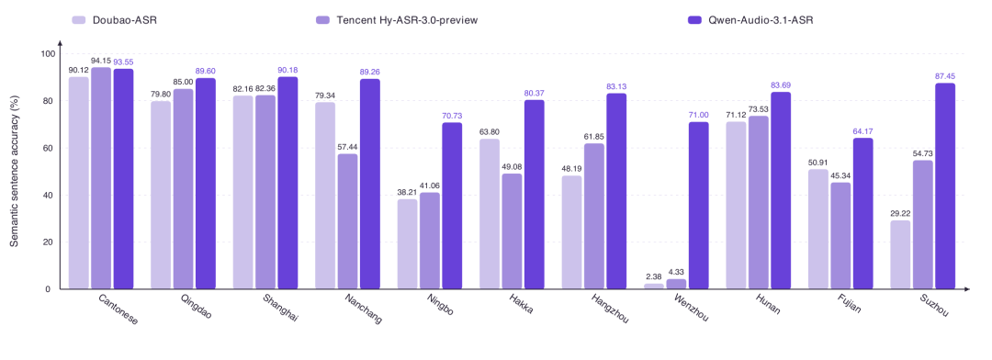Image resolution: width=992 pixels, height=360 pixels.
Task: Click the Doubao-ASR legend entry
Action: (x=115, y=20)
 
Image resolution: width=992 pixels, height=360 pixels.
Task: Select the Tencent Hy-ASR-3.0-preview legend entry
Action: (x=396, y=20)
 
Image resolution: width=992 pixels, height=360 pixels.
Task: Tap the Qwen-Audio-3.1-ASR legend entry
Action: (x=750, y=20)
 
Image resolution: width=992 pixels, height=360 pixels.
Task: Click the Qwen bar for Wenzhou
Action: (x=698, y=206)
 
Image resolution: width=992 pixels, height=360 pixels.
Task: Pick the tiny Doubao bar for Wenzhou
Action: (x=654, y=287)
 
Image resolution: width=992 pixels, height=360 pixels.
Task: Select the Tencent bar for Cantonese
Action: (x=101, y=178)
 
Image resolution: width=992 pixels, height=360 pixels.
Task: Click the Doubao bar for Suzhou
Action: (x=901, y=255)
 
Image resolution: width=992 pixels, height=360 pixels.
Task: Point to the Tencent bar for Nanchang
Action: (x=347, y=221)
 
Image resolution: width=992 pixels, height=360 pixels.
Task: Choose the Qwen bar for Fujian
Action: (x=862, y=214)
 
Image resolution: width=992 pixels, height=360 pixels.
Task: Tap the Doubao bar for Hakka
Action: (x=490, y=214)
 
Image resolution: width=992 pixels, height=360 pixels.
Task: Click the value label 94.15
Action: (x=101, y=61)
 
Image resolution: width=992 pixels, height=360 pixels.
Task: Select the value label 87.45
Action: (x=945, y=76)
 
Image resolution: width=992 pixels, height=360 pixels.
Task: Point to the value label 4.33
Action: (x=676, y=273)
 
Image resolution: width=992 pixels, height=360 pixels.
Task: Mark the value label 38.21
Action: (x=408, y=192)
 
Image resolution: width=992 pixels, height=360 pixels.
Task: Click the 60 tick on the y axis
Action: (x=47, y=148)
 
